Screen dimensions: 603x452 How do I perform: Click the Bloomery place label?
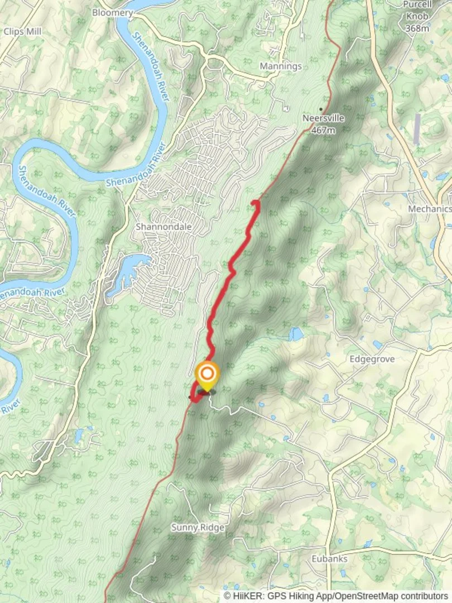112,12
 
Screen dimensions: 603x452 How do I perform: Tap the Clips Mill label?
21,31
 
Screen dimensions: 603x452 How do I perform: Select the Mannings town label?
281,66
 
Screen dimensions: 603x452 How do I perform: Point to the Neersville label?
323,118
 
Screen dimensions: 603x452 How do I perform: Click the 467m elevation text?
324,130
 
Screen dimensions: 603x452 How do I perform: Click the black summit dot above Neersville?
321,109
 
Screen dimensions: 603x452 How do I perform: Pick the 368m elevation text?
417,27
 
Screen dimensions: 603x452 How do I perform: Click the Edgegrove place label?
372,359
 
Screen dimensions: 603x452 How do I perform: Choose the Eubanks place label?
330,558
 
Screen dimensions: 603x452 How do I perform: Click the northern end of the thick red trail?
255,202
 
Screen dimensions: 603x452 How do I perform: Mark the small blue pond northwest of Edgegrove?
295,334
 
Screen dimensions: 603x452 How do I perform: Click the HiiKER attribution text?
335,596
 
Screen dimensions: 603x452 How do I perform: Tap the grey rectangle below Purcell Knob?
417,128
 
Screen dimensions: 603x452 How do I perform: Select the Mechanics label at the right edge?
430,208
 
